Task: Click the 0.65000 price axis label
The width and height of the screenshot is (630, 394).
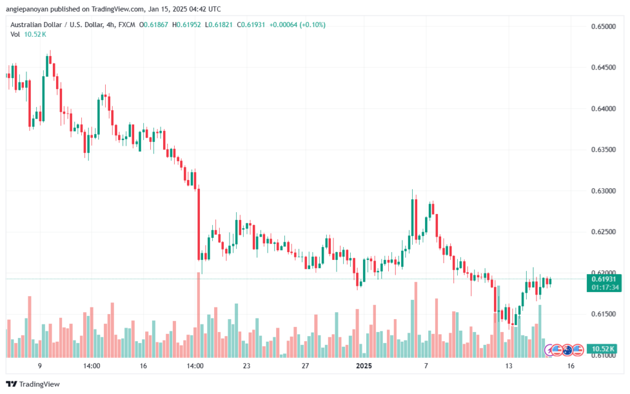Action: coord(602,27)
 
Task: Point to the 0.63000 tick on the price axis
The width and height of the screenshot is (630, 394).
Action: coord(602,191)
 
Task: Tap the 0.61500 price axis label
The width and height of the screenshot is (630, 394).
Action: coord(602,314)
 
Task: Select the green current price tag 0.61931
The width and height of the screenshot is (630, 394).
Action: coord(602,278)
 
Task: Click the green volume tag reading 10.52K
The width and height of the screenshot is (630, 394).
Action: coord(602,349)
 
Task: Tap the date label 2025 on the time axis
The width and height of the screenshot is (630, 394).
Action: coord(364,366)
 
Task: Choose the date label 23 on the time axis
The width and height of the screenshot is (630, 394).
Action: coord(247,366)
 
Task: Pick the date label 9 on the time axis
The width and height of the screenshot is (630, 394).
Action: coord(39,366)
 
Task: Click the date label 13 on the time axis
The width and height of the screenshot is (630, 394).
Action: coord(509,366)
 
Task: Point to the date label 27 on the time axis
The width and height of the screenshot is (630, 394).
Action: coord(305,366)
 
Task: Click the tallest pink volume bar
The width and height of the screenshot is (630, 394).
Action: coord(198,313)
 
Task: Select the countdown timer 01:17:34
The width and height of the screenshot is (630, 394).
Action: coord(602,286)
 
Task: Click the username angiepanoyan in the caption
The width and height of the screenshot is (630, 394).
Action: coord(31,9)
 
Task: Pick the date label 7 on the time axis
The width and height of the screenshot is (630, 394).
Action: coord(426,366)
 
